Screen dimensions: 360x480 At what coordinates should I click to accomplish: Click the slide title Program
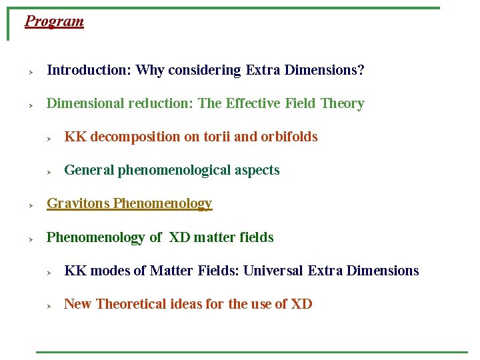pos(54,21)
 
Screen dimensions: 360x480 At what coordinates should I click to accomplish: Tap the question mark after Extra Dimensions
pos(361,70)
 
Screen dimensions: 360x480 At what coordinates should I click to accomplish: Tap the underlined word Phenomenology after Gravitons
pos(163,203)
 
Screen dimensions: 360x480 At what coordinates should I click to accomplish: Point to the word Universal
pos(274,271)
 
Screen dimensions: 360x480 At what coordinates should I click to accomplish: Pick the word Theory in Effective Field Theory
pos(342,103)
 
